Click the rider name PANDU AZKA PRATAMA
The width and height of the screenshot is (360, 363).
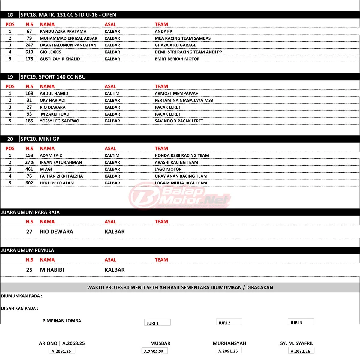(63, 31)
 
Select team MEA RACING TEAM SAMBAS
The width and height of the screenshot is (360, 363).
(183, 38)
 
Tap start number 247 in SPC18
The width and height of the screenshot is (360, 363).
(29, 45)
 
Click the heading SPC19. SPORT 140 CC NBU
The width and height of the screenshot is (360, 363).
(53, 77)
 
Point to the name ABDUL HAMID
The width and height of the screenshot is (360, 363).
(54, 94)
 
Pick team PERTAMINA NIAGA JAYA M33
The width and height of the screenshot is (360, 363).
(184, 100)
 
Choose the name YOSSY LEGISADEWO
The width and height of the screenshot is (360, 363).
(59, 121)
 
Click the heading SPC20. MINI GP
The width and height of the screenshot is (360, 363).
(40, 139)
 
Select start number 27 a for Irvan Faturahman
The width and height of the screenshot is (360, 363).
(29, 162)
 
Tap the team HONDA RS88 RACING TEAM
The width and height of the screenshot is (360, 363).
(182, 155)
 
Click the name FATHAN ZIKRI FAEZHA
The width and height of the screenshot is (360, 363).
(61, 176)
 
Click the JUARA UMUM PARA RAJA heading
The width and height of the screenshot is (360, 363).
(30, 212)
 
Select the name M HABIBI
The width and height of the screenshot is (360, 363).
(52, 270)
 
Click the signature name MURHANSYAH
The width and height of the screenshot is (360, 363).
(229, 343)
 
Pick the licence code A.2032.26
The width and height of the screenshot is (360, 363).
(301, 351)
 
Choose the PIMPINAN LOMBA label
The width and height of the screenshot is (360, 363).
(62, 321)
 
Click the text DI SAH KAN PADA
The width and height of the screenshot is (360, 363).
(19, 308)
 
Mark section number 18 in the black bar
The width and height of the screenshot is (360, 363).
(10, 15)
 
